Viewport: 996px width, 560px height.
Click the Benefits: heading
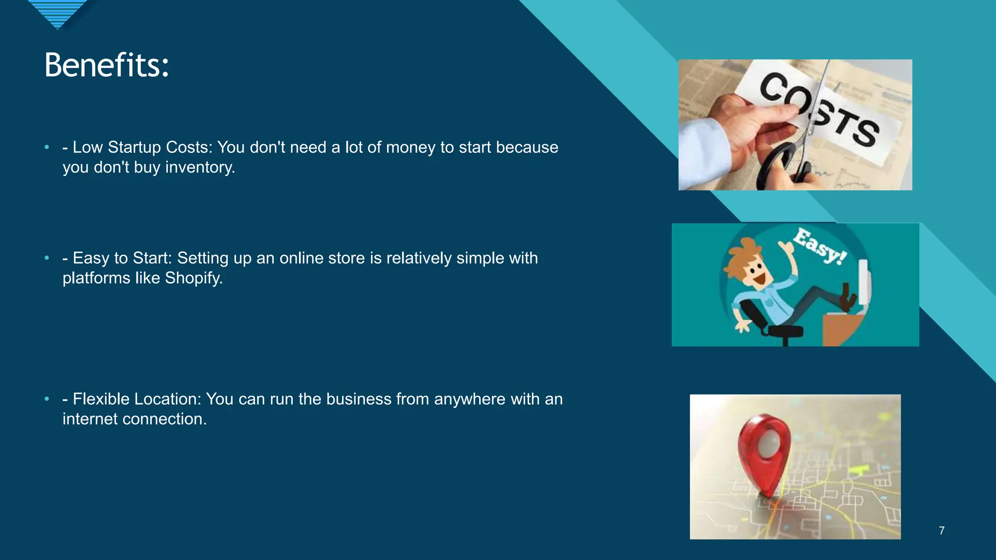(107, 65)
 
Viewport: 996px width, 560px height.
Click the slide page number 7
(942, 530)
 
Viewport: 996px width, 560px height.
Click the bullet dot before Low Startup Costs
(47, 147)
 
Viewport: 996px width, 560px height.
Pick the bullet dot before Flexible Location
(47, 399)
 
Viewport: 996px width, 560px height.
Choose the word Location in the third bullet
(167, 399)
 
